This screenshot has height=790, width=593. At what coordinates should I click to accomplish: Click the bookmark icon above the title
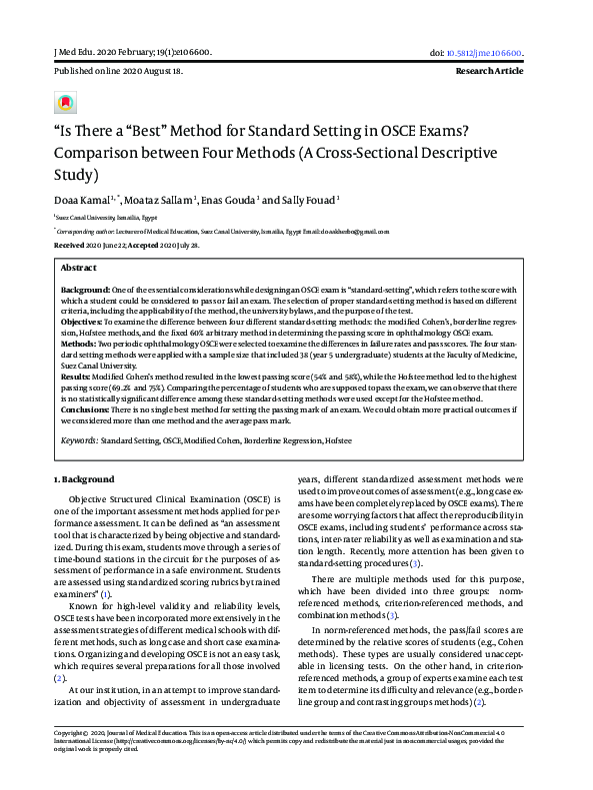click(x=65, y=103)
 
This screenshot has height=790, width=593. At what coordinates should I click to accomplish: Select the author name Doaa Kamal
click(x=80, y=200)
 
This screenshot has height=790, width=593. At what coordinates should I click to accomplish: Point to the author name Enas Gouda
click(x=226, y=200)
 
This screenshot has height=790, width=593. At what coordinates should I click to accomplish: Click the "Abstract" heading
click(x=79, y=269)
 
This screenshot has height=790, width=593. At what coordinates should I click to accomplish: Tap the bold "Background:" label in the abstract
click(x=84, y=288)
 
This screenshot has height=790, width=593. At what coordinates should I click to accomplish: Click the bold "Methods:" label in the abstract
click(x=78, y=342)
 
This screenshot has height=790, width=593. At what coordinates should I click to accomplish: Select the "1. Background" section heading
click(x=84, y=479)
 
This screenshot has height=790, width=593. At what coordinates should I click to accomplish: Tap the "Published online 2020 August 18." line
click(x=118, y=73)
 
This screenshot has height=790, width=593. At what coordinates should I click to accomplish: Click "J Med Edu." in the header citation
click(x=77, y=52)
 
